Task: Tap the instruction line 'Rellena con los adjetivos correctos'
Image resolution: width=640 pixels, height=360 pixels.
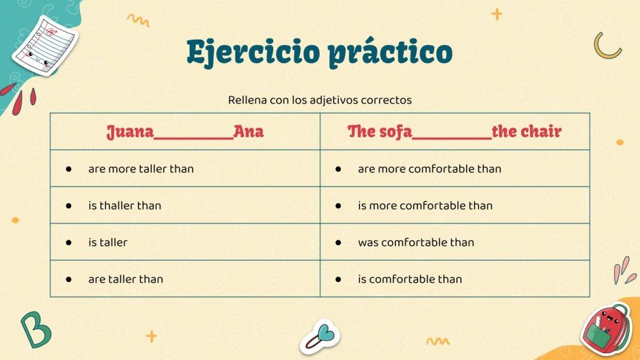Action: pyautogui.click(x=320, y=100)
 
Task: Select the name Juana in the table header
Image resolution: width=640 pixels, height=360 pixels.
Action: pyautogui.click(x=130, y=132)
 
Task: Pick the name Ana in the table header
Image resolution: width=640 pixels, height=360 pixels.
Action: pyautogui.click(x=249, y=132)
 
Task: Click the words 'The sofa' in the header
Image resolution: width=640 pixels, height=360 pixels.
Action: pyautogui.click(x=380, y=132)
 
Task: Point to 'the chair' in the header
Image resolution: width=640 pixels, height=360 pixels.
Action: pyautogui.click(x=527, y=132)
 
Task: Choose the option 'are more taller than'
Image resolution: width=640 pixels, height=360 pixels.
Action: pyautogui.click(x=141, y=169)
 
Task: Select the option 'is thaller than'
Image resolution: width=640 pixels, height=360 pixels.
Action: pyautogui.click(x=124, y=206)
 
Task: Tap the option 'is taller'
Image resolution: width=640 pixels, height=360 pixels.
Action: pyautogui.click(x=107, y=243)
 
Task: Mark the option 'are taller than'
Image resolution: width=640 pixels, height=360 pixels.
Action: pyautogui.click(x=125, y=279)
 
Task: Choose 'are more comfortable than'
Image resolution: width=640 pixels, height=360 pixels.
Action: pyautogui.click(x=429, y=169)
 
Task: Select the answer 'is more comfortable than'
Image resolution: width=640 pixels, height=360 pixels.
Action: pyautogui.click(x=425, y=206)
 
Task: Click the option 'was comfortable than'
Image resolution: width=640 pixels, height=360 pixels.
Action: pyautogui.click(x=415, y=243)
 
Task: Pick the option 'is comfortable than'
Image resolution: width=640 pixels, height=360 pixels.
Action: pyautogui.click(x=410, y=279)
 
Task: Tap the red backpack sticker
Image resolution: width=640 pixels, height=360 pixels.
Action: pyautogui.click(x=606, y=329)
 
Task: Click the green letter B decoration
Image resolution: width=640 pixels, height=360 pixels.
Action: pyautogui.click(x=35, y=329)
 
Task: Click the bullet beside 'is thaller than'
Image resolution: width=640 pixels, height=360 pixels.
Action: pyautogui.click(x=68, y=206)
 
